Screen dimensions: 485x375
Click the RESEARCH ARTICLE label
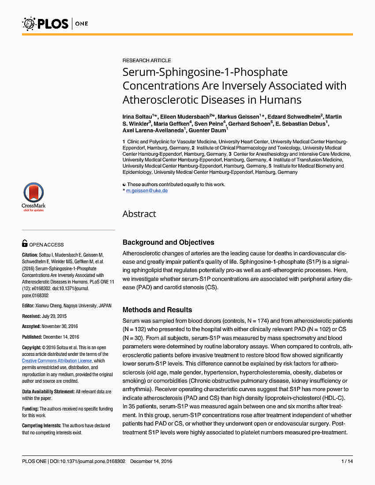tap(146, 60)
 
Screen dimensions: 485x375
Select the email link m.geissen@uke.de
tap(147, 190)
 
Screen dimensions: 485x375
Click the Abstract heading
tap(139, 214)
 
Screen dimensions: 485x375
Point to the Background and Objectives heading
tap(168, 242)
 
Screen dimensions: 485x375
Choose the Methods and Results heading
tap(157, 310)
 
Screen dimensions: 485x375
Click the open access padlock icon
tap(25, 244)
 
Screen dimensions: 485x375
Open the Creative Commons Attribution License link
tap(57, 361)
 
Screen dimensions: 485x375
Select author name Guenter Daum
tap(207, 131)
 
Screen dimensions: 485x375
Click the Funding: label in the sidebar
tap(30, 409)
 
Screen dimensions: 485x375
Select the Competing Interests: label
tap(41, 425)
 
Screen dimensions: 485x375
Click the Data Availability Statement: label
tap(48, 392)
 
